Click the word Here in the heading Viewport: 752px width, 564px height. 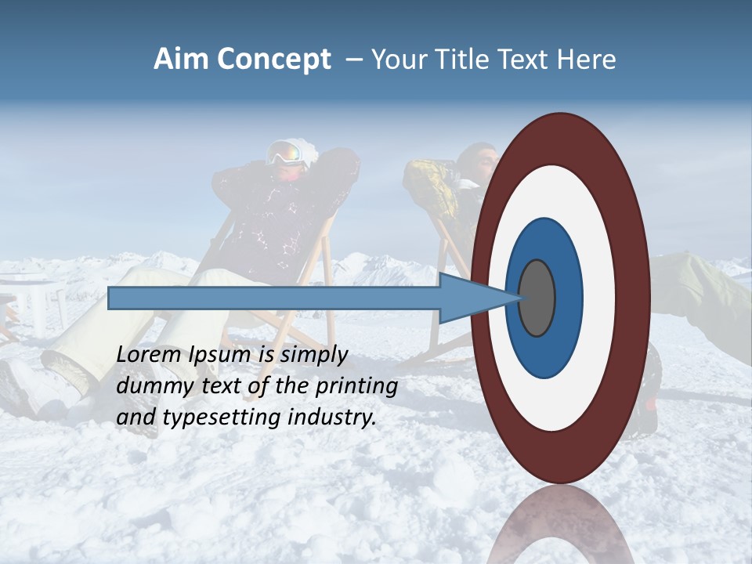587,60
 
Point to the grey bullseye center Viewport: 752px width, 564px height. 537,298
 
